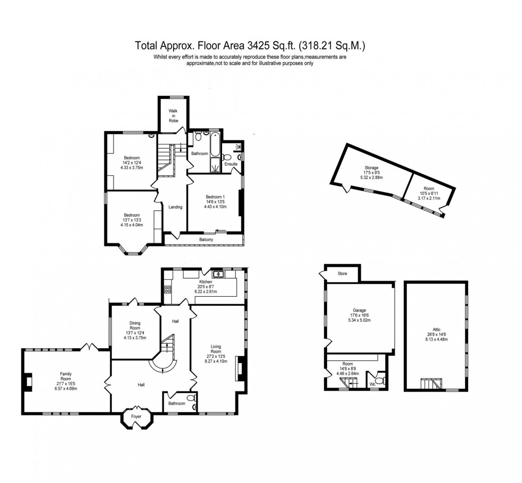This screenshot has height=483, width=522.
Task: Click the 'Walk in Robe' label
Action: (x=173, y=116)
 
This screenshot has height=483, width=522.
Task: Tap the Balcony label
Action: (x=206, y=240)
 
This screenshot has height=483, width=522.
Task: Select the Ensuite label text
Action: (x=231, y=164)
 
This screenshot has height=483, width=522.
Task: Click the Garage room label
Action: (x=358, y=310)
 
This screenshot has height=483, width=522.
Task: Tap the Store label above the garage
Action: (x=342, y=274)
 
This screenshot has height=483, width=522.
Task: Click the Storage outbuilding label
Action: (x=371, y=168)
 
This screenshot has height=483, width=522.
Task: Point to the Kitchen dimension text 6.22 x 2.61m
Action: (x=206, y=292)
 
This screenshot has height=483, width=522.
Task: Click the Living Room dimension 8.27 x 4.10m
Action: (x=217, y=361)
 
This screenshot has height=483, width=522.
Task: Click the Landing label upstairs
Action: (x=175, y=207)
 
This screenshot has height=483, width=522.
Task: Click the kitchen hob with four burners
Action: (x=168, y=290)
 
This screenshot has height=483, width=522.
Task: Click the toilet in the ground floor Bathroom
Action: (x=191, y=397)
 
